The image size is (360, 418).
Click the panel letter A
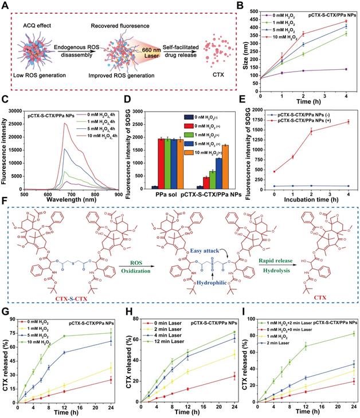click(5, 5)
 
